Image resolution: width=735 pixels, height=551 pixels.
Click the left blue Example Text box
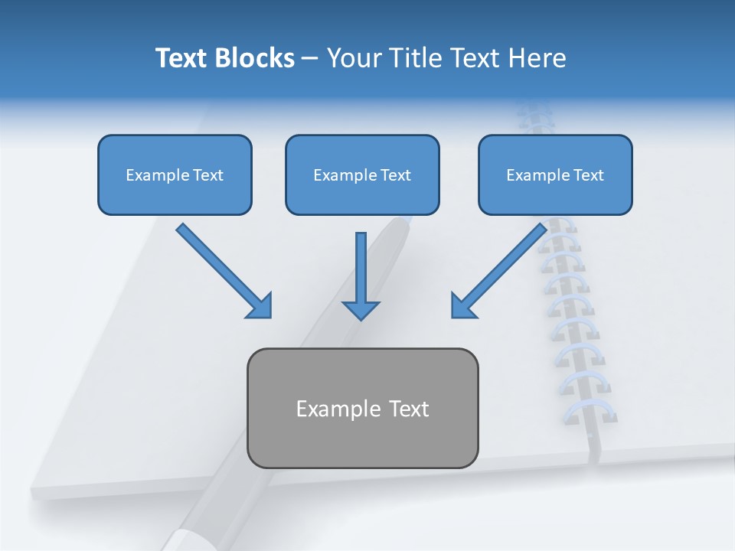[x=175, y=174]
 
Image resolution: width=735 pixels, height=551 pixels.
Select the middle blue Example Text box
[x=362, y=174]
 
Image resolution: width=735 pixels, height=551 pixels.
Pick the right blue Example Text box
[x=555, y=174]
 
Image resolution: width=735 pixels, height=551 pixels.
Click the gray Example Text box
[x=362, y=408]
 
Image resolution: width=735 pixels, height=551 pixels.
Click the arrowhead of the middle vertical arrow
[x=361, y=309]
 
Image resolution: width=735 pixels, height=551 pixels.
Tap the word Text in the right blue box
[x=588, y=175]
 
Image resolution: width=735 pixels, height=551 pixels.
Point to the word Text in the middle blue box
[x=395, y=175]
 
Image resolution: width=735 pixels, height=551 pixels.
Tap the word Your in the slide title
[x=354, y=58]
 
